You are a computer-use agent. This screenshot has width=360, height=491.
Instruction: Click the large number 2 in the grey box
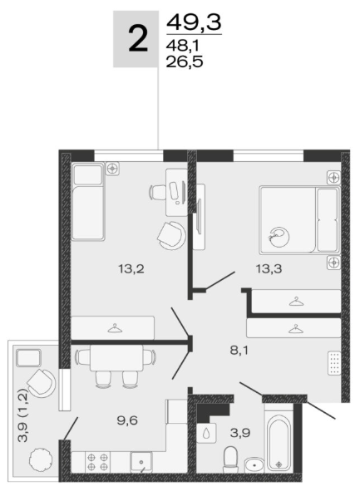click(137, 39)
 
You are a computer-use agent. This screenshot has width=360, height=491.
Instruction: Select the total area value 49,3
click(194, 22)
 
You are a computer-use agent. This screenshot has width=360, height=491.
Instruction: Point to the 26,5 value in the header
click(185, 61)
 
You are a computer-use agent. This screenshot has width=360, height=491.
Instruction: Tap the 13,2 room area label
click(131, 268)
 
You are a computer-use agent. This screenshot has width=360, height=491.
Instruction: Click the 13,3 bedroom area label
click(269, 268)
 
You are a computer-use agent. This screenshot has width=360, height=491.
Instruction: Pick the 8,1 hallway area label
click(239, 350)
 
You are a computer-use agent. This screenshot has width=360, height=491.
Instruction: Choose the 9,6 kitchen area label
click(127, 420)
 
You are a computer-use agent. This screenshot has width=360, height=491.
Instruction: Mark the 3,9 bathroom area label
click(240, 433)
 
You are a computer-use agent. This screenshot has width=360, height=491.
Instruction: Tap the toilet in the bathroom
click(231, 460)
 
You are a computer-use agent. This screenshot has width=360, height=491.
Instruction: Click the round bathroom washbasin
click(254, 465)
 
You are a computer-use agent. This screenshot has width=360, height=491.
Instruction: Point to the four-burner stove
click(97, 462)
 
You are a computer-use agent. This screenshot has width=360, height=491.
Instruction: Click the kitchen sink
click(141, 462)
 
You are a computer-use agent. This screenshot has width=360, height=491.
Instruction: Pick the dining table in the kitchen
click(116, 357)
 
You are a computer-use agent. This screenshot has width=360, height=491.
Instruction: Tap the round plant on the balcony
click(39, 459)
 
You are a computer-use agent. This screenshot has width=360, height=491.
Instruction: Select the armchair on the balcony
click(41, 383)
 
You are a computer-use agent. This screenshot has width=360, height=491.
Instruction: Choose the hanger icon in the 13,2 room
click(115, 328)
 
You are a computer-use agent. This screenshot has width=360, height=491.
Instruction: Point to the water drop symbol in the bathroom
click(206, 433)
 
